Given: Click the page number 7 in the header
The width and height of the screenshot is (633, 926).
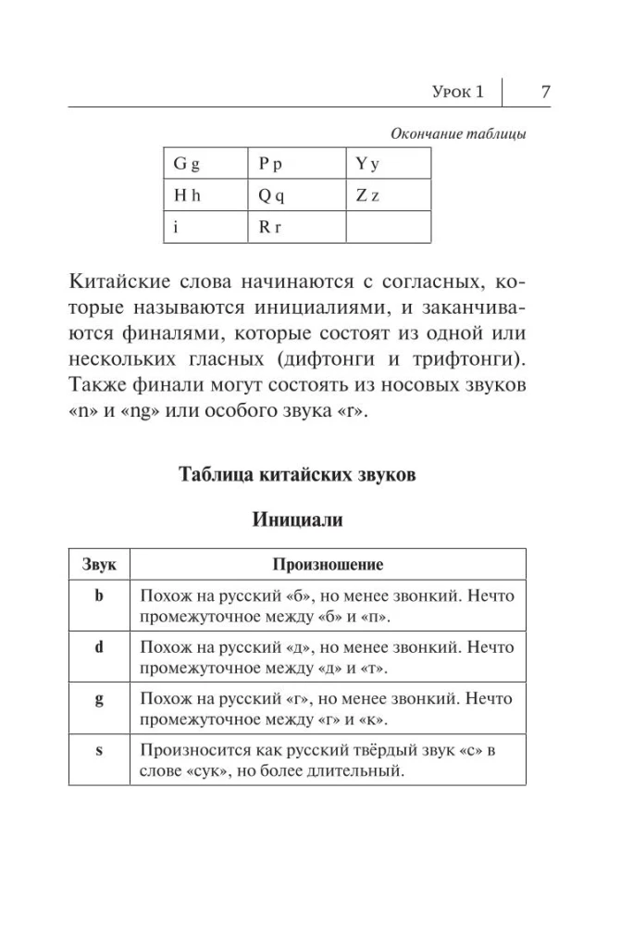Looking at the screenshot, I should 545,92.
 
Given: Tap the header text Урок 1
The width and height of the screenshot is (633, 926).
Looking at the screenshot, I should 457,92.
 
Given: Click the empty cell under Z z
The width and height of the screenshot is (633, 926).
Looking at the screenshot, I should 388,227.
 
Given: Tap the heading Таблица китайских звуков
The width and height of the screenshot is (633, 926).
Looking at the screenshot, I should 296,476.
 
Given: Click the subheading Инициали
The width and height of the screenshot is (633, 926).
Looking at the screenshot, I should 297,520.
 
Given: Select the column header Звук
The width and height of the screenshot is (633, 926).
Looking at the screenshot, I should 99,564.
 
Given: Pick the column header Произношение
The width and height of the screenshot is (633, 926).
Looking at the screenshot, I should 328,564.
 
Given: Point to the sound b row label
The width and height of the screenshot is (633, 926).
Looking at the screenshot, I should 99,597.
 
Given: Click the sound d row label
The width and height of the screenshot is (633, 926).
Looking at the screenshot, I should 99,648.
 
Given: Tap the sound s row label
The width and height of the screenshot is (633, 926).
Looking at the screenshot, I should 99,750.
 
